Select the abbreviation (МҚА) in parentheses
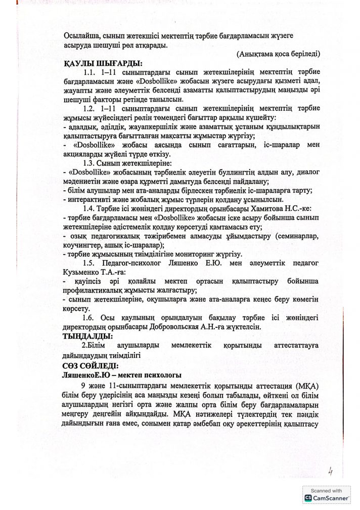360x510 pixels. [x=305, y=386]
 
